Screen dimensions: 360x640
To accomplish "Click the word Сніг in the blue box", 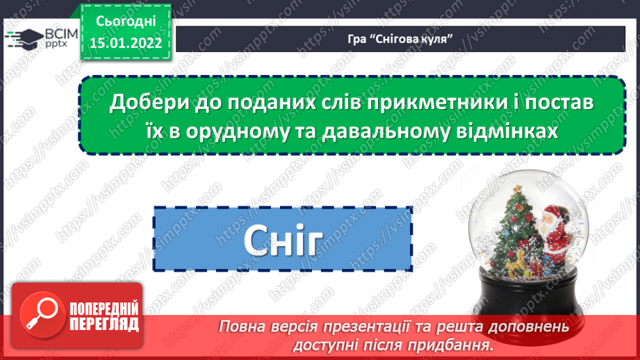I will click(283, 240).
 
